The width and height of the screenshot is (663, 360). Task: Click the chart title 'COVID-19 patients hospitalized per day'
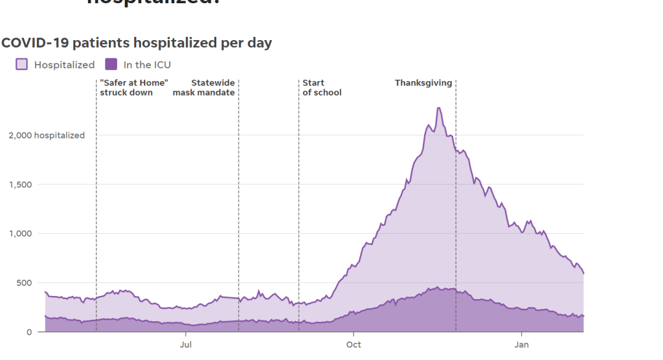[x=137, y=43]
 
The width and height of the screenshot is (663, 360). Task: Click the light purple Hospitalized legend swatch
[x=22, y=64]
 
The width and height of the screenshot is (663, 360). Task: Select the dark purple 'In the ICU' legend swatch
[x=111, y=64]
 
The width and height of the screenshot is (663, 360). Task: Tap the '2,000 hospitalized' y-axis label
[x=46, y=135]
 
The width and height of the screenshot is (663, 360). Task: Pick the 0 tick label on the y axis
[x=28, y=332]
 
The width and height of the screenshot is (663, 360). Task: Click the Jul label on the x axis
[x=186, y=344]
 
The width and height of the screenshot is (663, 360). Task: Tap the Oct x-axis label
[x=354, y=344]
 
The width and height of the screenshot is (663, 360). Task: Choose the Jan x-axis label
[x=521, y=344]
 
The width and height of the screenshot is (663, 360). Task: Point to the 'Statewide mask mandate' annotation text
[x=204, y=87]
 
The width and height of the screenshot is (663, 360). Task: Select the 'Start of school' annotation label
[x=322, y=87]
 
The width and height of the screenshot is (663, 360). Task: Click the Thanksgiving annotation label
[x=423, y=83]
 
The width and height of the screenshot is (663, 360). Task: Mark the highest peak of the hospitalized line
[x=439, y=107]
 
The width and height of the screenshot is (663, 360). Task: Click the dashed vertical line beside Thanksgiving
[x=456, y=194]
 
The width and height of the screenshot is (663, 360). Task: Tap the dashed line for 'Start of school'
[x=298, y=194]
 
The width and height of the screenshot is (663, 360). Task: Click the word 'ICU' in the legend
[x=162, y=65]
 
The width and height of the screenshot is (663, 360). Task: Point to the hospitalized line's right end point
[x=583, y=273]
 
